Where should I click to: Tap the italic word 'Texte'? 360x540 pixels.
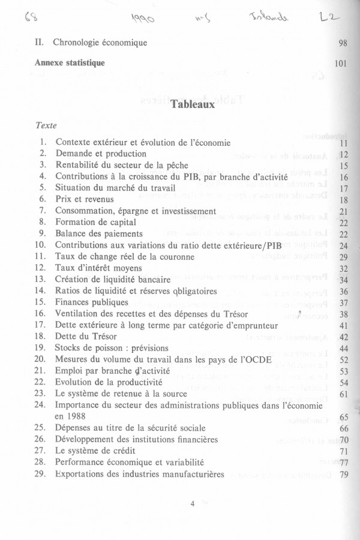46,127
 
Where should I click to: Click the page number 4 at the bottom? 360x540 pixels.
193,504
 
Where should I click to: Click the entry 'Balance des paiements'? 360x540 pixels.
99,234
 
